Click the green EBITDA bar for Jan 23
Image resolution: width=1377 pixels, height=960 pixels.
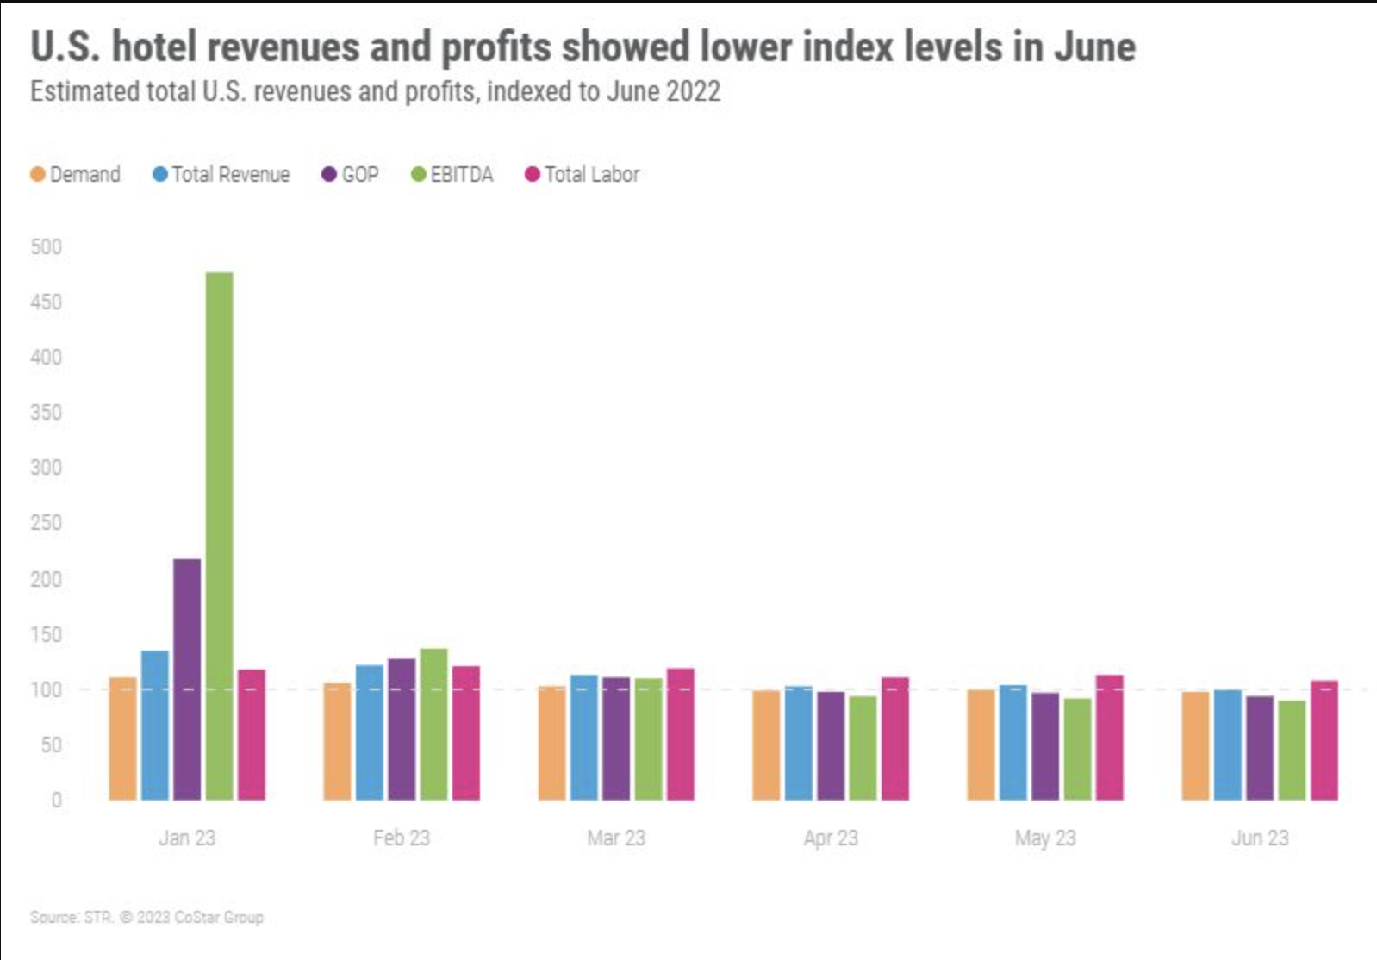click(x=219, y=534)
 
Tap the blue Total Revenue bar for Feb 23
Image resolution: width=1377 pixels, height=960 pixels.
click(x=370, y=732)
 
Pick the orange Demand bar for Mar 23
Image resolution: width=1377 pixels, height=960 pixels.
click(x=551, y=743)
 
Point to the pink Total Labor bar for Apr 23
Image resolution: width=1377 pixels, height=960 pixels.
click(x=894, y=739)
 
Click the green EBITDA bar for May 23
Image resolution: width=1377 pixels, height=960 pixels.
click(x=1077, y=749)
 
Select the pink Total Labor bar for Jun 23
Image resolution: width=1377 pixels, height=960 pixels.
click(x=1324, y=740)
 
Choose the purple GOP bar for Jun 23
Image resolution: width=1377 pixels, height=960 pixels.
click(x=1259, y=748)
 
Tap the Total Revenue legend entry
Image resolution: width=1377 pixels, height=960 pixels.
click(x=221, y=175)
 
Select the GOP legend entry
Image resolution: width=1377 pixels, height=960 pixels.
click(x=351, y=175)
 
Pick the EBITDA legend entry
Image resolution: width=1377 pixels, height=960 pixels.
click(x=452, y=175)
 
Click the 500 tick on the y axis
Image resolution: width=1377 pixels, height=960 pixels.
click(x=46, y=247)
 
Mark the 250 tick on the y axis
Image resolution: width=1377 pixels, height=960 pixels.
click(x=46, y=523)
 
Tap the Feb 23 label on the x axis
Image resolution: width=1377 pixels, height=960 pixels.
click(x=402, y=838)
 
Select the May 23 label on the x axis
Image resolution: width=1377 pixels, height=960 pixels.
click(x=1045, y=838)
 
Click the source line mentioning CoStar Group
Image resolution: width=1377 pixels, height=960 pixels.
click(x=146, y=917)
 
